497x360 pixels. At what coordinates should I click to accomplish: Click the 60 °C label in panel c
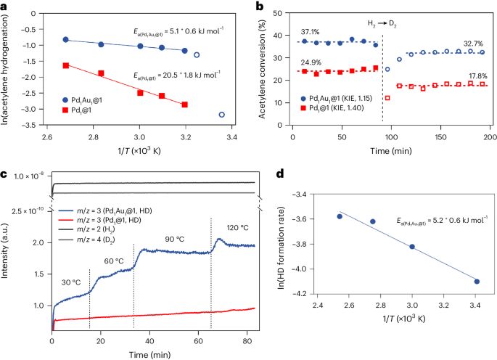[111, 261]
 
